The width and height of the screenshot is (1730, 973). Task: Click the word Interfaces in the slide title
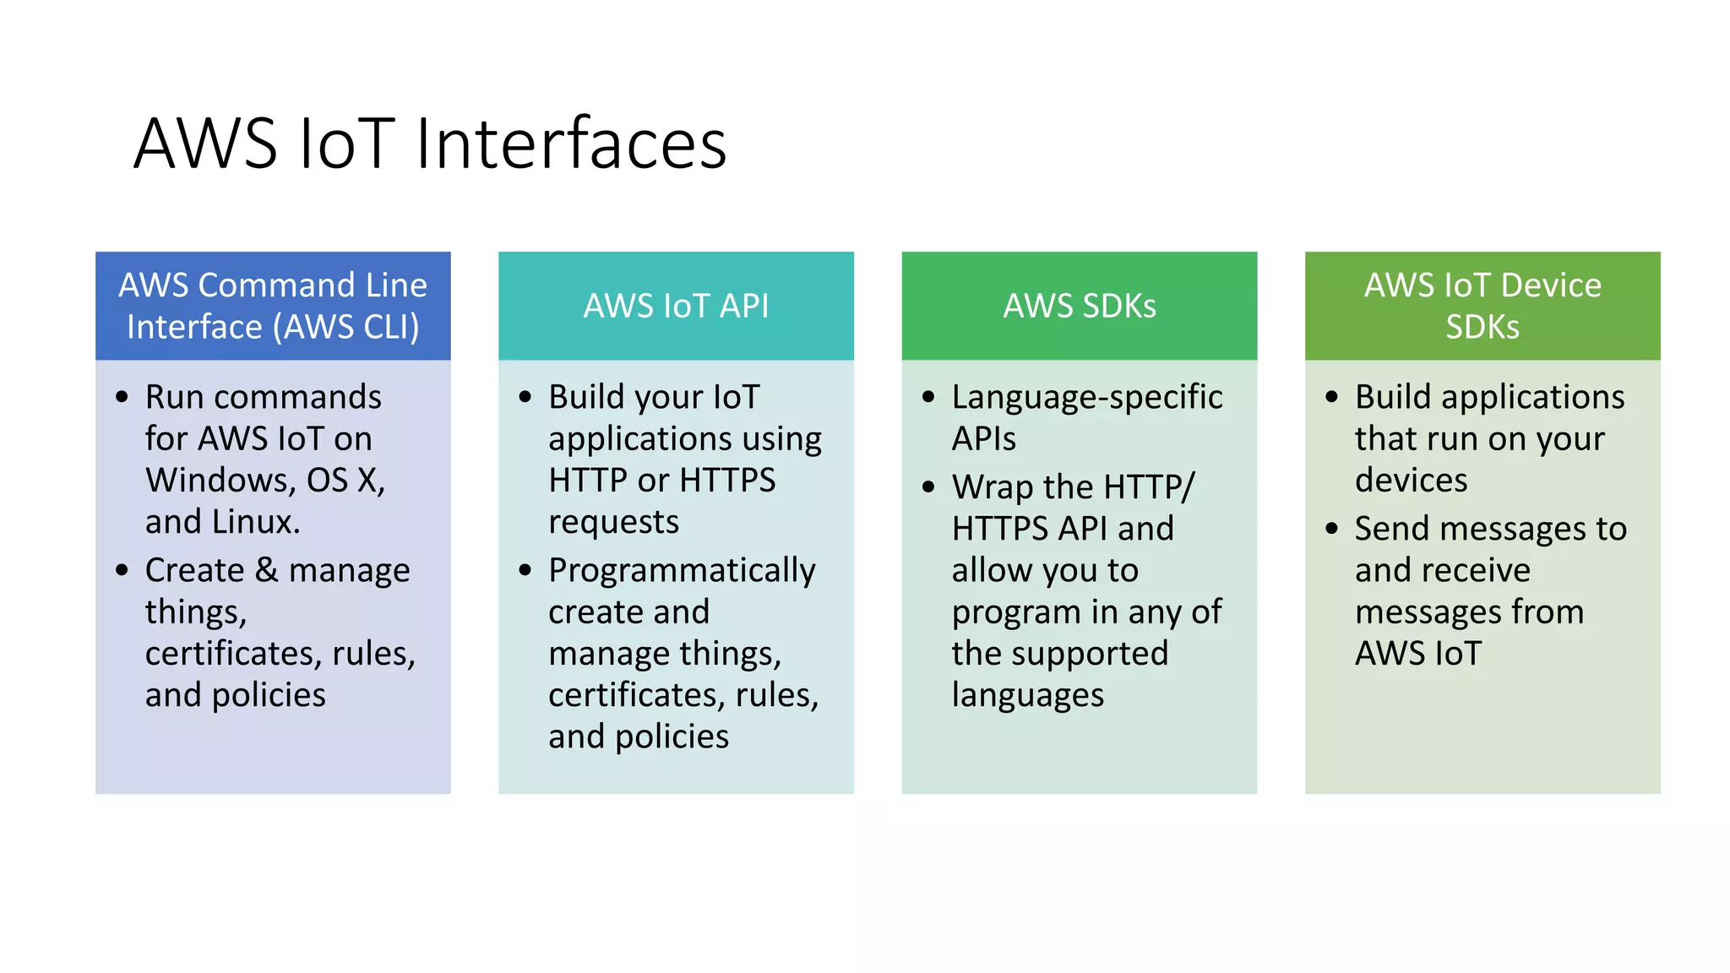point(571,144)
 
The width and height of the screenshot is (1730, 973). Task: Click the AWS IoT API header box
point(676,306)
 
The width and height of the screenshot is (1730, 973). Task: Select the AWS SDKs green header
point(1079,306)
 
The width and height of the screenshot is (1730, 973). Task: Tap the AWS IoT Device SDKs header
point(1482,306)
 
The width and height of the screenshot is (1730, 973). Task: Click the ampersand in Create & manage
point(266,570)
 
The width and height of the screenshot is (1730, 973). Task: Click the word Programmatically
point(681,571)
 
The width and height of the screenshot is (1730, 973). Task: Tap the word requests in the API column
point(613,523)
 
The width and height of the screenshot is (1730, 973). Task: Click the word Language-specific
point(1086,397)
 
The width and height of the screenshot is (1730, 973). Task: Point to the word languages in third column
point(1027,696)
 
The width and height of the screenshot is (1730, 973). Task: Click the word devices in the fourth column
point(1411,481)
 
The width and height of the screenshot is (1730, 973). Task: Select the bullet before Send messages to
point(1332,530)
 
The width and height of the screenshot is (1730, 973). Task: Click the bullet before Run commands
point(122,397)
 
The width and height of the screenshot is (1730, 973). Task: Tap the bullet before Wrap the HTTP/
point(929,487)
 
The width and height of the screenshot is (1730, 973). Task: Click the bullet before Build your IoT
point(525,397)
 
